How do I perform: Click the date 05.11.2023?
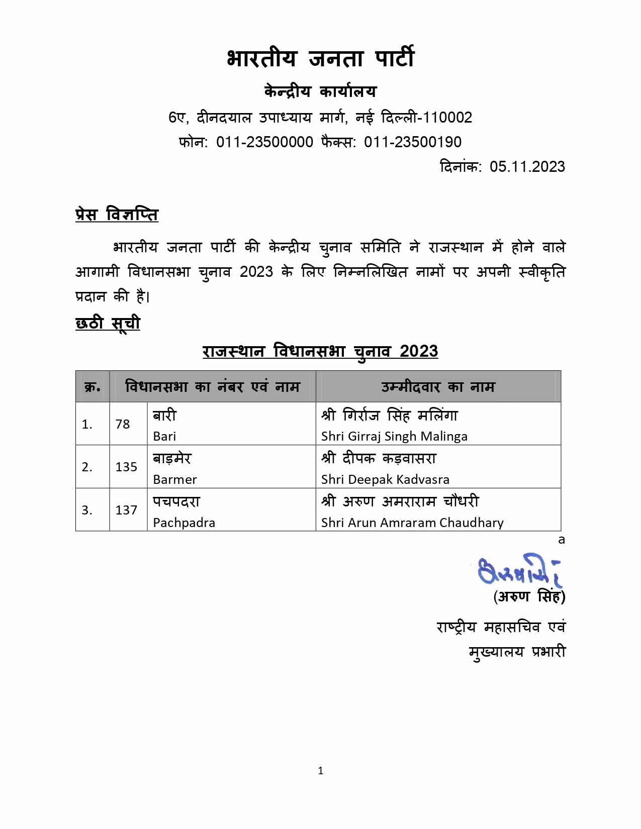[x=527, y=167]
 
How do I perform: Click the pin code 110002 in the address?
[x=447, y=118]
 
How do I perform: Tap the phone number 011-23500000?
[x=264, y=142]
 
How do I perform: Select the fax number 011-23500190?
[x=412, y=142]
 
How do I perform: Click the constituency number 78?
[x=123, y=425]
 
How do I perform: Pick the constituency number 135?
[x=126, y=467]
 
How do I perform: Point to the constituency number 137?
[x=126, y=510]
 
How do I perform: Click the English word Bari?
[x=164, y=437]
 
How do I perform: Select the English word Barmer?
[x=174, y=480]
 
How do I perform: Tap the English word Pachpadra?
[x=184, y=523]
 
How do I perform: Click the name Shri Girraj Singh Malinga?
[x=394, y=437]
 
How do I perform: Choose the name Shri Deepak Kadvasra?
[x=385, y=480]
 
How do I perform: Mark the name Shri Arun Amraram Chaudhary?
[x=412, y=523]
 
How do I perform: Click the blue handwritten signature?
[x=519, y=570]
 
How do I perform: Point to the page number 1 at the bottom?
[x=321, y=771]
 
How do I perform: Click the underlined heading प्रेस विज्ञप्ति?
[x=117, y=215]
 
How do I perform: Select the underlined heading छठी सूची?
[x=108, y=323]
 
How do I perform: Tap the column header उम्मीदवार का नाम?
[x=438, y=387]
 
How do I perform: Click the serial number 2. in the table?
[x=87, y=467]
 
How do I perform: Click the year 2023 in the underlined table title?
[x=419, y=351]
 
